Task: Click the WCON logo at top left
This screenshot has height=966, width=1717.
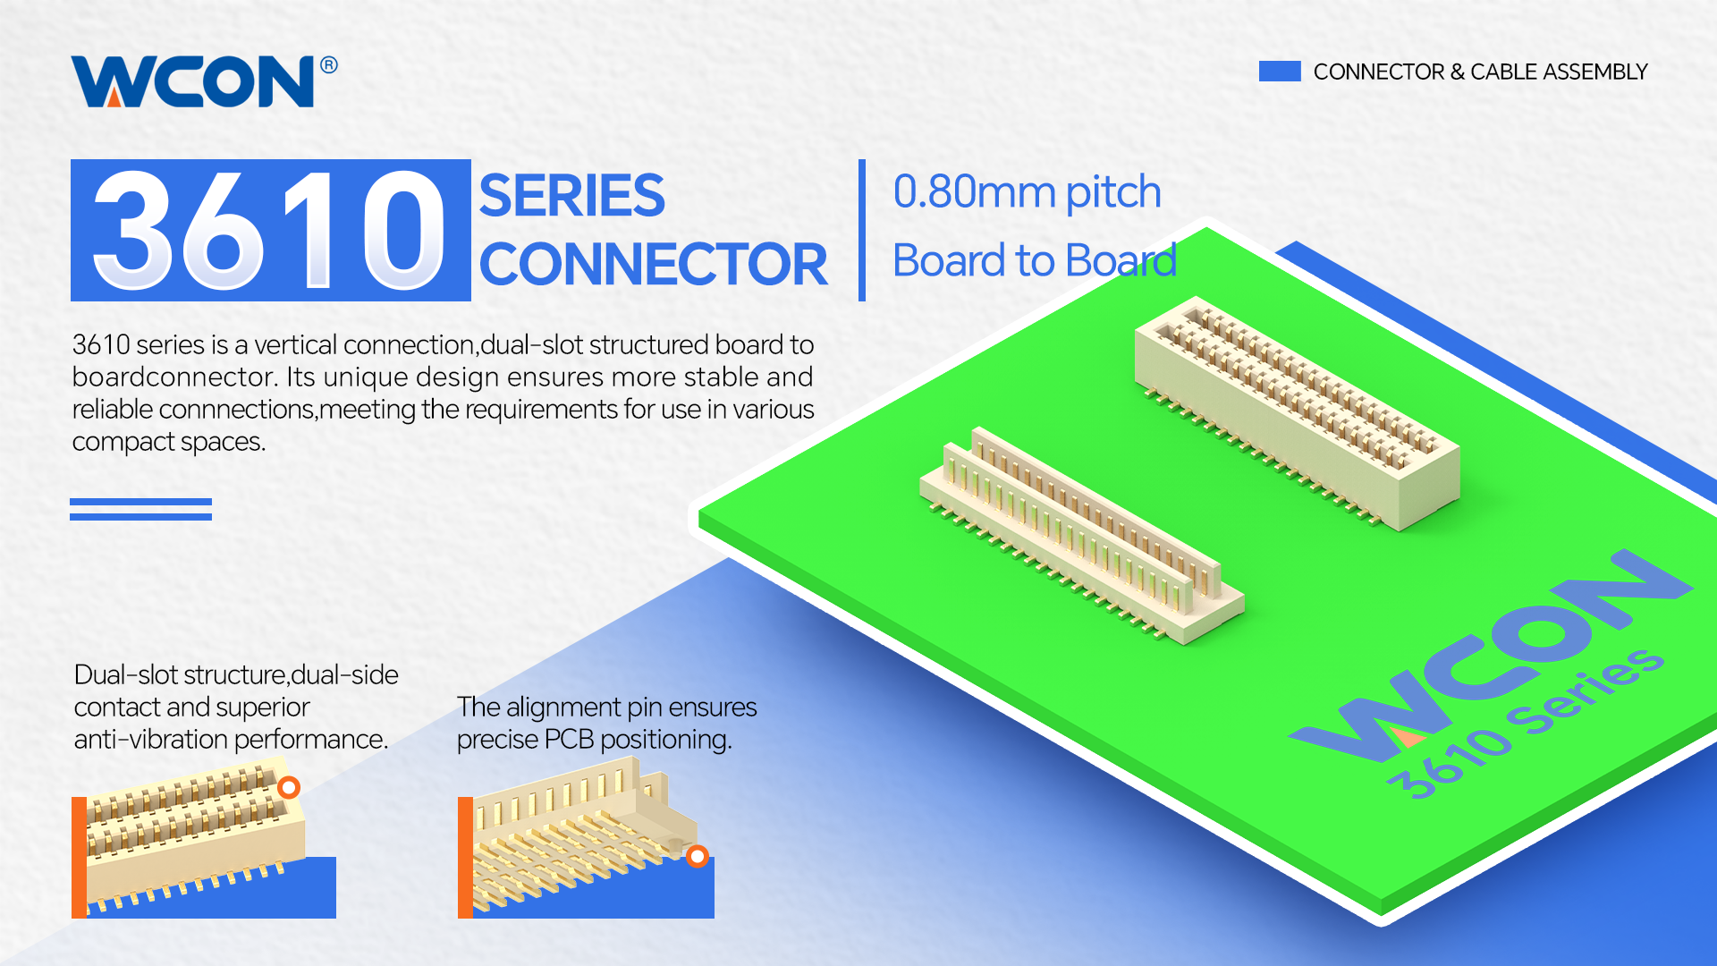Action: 193,81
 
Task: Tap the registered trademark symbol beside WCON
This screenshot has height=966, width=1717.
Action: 329,65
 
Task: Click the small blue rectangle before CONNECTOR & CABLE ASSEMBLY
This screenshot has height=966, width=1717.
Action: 1279,72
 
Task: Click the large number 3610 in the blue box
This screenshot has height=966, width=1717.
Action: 269,231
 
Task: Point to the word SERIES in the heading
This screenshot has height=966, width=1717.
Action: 572,196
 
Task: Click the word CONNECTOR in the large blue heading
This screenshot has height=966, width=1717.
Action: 654,265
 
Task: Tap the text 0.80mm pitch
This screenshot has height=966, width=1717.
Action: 1027,192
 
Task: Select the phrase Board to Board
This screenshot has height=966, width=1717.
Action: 1034,261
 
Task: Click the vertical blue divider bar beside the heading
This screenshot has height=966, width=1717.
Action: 862,230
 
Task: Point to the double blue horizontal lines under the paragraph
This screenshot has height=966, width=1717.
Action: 140,509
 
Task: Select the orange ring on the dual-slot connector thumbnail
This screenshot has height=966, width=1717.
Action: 288,787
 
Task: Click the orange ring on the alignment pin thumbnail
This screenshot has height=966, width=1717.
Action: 698,856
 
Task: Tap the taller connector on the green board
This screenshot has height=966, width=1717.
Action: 1297,411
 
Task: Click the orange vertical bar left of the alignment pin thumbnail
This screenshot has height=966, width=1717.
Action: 465,857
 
